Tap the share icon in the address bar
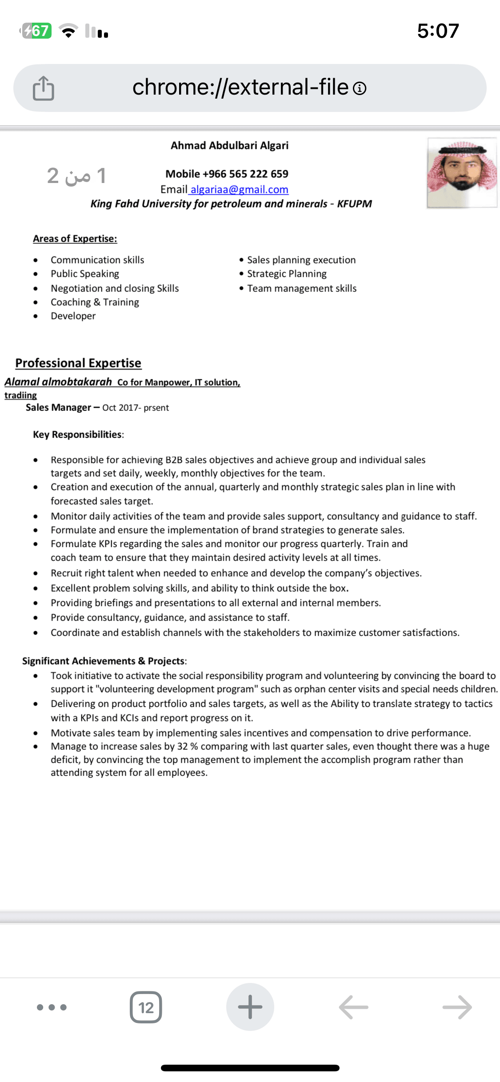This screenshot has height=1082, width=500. (x=44, y=88)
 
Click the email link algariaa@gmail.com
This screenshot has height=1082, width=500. (x=239, y=190)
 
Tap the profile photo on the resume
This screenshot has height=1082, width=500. (x=462, y=173)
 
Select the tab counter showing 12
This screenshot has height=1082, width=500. (x=146, y=1007)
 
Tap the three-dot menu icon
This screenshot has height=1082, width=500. (x=52, y=1007)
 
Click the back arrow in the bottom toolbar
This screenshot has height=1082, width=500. (x=353, y=1007)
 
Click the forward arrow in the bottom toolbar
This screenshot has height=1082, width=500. (x=457, y=1007)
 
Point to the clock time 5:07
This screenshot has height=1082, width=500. (x=438, y=31)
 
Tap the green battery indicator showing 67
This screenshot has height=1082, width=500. (x=36, y=31)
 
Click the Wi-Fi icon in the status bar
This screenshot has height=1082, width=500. (x=68, y=31)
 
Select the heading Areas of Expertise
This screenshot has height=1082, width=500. (x=75, y=239)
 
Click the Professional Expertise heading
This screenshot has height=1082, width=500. (x=78, y=363)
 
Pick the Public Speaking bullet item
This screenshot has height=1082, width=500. (x=85, y=274)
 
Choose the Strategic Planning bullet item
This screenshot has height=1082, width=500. (x=287, y=274)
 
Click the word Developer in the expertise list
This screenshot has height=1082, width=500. (x=73, y=316)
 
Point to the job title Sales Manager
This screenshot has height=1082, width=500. (x=58, y=407)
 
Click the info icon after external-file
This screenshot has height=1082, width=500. (x=360, y=88)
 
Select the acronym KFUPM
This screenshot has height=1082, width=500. (x=354, y=204)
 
